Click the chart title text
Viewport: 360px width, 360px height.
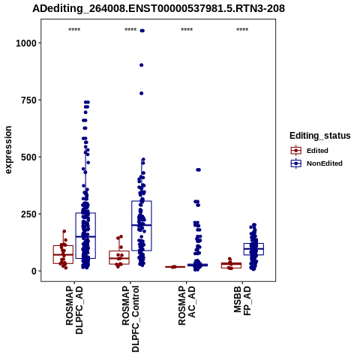[x=158, y=9]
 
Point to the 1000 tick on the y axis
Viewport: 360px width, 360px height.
[x=26, y=43]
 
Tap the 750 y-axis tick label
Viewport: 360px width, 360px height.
[x=28, y=100]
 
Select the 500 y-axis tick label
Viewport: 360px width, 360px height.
[x=28, y=157]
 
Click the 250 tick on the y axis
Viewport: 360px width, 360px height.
[x=28, y=214]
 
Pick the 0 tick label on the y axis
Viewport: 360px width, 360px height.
[x=34, y=271]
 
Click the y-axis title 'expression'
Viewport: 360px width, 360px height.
[x=8, y=150]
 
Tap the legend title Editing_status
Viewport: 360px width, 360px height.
[x=320, y=136]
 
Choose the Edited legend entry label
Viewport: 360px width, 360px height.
[x=317, y=151]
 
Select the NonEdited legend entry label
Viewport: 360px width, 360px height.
[x=325, y=163]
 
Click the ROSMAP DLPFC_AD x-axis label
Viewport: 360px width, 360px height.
[x=74, y=310]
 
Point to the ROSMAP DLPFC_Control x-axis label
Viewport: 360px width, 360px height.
[x=130, y=319]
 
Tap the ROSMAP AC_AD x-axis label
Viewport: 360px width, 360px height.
[x=187, y=305]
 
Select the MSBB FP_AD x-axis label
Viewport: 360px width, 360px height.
[x=242, y=301]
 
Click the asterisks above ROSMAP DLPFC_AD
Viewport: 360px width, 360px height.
[x=74, y=30]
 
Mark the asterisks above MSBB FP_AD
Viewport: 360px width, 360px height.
[x=242, y=30]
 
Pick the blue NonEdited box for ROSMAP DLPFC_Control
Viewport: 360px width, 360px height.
[x=142, y=226]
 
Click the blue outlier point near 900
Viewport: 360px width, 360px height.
[x=141, y=65]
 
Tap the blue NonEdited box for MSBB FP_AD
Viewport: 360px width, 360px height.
[x=253, y=249]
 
